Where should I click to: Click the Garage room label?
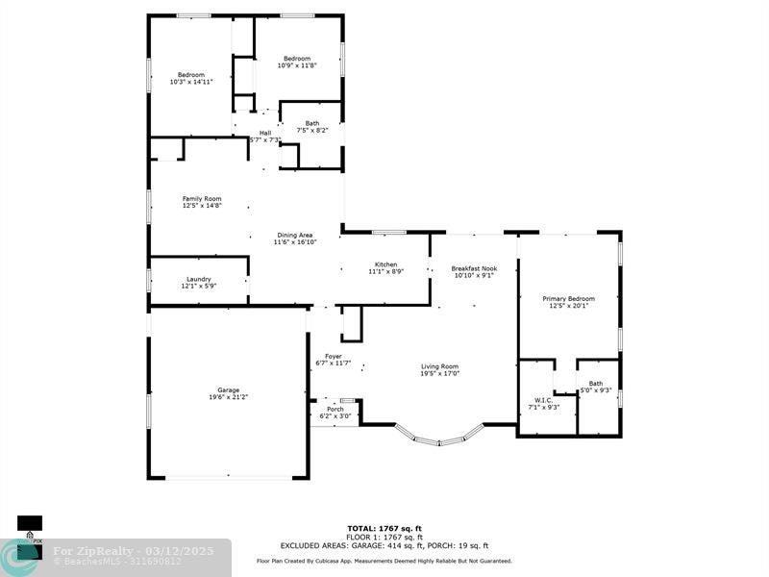(x=228, y=389)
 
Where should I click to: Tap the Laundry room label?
(x=199, y=279)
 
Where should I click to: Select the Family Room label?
(x=202, y=198)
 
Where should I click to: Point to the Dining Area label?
(x=295, y=235)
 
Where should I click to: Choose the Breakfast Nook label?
(x=474, y=268)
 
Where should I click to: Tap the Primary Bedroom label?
(x=568, y=299)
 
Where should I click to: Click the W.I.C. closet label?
(x=540, y=400)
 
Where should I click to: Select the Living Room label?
(x=439, y=365)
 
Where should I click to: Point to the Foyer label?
(x=333, y=356)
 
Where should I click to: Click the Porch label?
(x=335, y=409)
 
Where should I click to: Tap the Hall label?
(x=264, y=133)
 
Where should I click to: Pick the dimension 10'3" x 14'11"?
(x=190, y=82)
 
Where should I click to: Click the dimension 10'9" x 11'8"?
(x=297, y=65)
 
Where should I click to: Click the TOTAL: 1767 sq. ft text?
(x=384, y=528)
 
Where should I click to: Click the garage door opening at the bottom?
(x=228, y=477)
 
